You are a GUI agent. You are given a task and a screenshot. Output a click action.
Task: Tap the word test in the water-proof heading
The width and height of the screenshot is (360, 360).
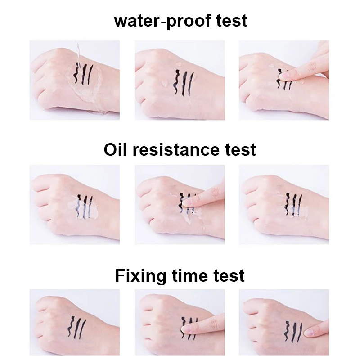tap(231, 21)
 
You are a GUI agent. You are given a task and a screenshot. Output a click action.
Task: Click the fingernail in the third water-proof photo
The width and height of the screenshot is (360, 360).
tap(285, 76)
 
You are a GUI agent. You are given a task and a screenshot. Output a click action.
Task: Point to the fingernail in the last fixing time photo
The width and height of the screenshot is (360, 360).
tap(310, 333)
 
